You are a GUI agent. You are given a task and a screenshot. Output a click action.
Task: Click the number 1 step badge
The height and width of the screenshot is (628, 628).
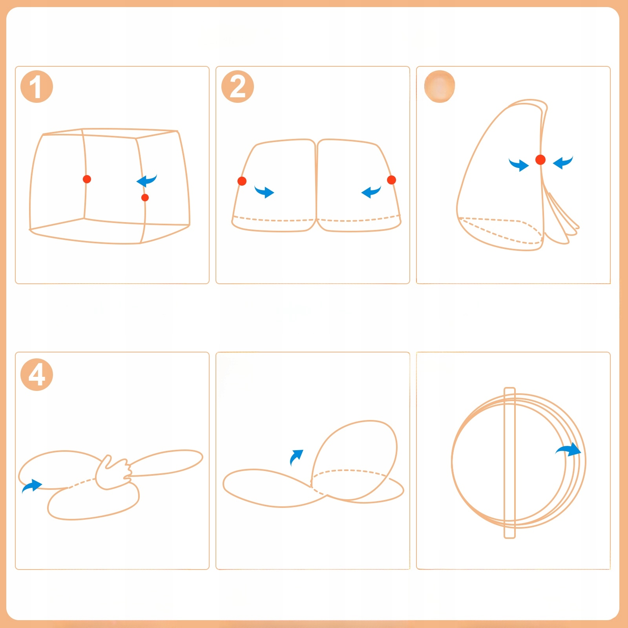37,87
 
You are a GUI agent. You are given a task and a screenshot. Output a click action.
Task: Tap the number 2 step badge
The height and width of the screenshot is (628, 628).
237,87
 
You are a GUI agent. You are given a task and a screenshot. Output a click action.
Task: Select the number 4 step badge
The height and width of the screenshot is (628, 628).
37,374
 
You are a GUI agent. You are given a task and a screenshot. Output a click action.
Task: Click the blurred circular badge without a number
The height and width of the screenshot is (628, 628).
440,86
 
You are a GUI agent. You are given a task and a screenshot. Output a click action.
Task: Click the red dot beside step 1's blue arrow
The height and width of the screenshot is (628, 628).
145,197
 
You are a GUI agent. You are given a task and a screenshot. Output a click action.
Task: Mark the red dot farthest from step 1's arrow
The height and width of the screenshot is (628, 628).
87,179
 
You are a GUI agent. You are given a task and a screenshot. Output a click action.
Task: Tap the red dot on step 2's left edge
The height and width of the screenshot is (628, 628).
242,181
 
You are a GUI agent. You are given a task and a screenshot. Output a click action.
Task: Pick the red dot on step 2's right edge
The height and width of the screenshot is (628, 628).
391,180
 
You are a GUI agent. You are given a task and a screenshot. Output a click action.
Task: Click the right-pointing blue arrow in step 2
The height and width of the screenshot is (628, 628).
264,192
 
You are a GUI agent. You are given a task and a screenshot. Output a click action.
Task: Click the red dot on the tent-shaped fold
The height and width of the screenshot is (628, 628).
540,159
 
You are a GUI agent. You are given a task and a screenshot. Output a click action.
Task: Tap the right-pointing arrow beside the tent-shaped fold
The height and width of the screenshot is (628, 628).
518,164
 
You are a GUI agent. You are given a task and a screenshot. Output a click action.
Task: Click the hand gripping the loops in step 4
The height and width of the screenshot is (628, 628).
113,473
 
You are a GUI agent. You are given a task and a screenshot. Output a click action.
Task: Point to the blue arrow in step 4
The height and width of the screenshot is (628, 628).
32,486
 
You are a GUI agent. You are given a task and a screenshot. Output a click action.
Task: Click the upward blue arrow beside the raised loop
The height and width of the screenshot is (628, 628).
296,457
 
